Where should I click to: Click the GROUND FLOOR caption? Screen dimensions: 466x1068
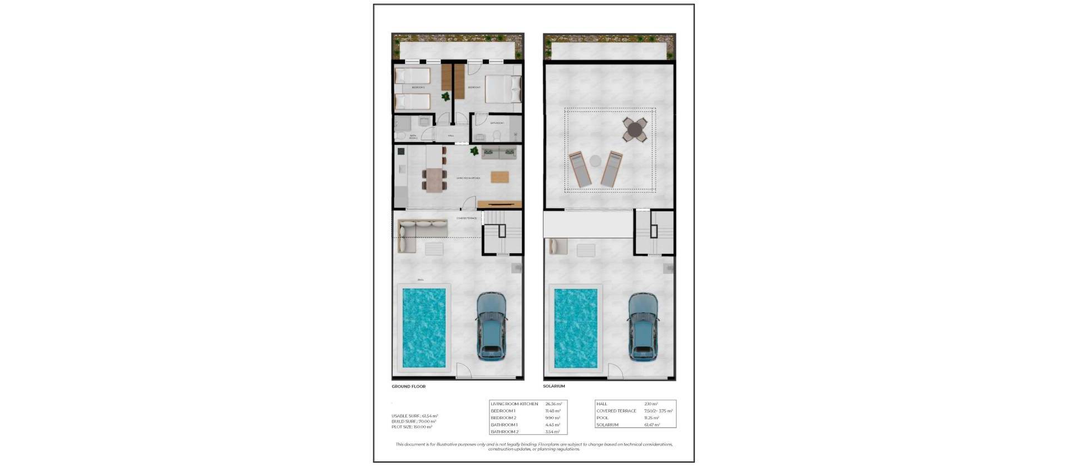click(408, 386)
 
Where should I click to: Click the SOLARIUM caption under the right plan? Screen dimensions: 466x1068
click(554, 386)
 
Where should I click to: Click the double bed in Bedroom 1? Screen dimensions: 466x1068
click(503, 90)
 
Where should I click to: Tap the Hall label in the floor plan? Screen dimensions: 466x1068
click(451, 135)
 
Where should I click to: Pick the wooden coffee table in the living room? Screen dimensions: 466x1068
click(500, 177)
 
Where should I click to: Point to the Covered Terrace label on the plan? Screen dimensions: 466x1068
click(466, 218)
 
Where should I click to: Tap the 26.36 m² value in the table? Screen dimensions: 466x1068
click(553, 404)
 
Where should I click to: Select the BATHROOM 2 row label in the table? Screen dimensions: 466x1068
click(505, 431)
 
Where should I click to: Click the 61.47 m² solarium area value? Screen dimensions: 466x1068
click(651, 425)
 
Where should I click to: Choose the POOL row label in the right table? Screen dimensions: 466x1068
click(602, 418)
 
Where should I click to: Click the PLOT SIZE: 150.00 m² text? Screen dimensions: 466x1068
click(412, 427)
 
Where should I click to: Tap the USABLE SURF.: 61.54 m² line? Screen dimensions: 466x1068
click(414, 416)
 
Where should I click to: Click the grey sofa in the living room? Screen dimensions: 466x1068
click(498, 153)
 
